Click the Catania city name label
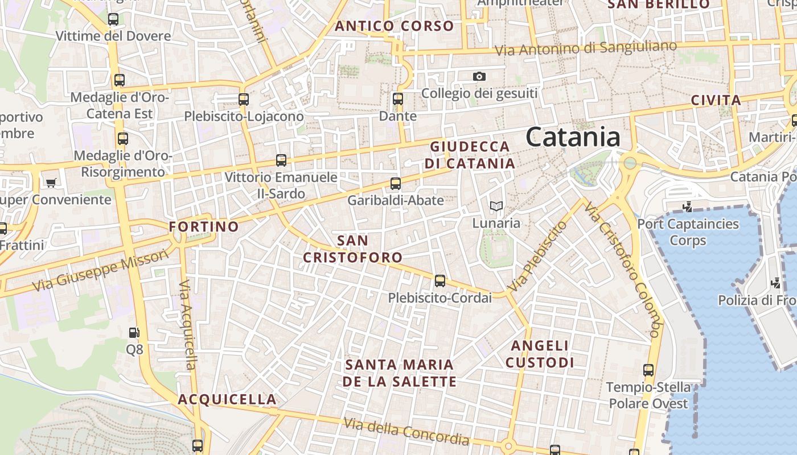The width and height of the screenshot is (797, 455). [x=573, y=138]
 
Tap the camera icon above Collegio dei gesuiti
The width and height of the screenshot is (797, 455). [x=479, y=76]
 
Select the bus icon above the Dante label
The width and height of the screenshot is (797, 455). [x=398, y=98]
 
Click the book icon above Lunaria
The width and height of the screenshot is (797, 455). [x=496, y=206]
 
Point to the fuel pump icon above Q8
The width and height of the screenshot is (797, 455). [x=134, y=332]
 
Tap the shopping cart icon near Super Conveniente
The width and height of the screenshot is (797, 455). [x=51, y=183]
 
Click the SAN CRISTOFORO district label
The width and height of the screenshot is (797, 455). [x=353, y=249]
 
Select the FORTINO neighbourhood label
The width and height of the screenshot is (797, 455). [x=204, y=227]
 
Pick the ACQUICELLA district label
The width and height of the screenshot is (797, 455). [x=227, y=400]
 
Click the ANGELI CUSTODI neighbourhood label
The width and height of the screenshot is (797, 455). [x=540, y=354]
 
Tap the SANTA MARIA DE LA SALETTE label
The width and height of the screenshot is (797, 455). [x=399, y=373]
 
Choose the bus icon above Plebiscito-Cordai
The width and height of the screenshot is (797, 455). [x=439, y=280]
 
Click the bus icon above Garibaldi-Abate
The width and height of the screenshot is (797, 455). [x=396, y=184]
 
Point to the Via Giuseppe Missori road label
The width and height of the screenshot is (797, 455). [x=101, y=271]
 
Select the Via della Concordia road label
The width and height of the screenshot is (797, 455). [x=406, y=431]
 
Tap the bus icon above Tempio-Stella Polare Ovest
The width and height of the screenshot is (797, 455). [x=648, y=370]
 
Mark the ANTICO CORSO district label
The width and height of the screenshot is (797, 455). [x=395, y=26]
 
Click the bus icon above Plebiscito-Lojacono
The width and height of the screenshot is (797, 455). [x=244, y=100]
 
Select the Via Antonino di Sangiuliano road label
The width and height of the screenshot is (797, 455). [x=586, y=48]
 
